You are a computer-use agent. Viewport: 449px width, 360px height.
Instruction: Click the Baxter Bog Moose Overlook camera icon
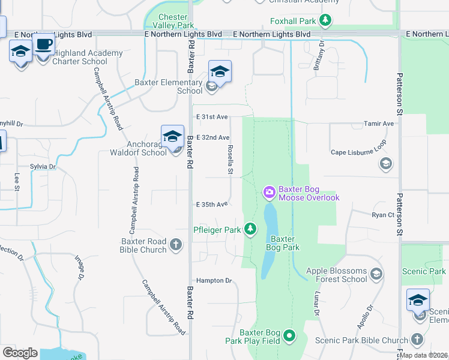270,193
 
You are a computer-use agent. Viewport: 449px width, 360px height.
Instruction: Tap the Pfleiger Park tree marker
250,229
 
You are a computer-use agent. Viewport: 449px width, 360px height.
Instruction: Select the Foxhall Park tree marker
325,22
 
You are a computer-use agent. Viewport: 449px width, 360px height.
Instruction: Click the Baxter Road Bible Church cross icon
176,245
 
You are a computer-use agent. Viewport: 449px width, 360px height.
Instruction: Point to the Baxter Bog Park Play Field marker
290,336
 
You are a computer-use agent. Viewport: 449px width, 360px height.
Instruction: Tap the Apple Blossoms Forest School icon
376,275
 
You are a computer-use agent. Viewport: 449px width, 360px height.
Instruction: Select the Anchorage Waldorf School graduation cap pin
172,137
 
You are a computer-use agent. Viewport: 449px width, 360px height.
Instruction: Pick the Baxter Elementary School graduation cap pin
220,73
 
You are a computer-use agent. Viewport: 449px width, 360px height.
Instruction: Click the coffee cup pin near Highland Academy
43,45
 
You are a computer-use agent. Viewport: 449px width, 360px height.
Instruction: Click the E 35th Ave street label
212,205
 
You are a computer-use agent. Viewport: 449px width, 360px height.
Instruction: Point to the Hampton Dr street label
214,280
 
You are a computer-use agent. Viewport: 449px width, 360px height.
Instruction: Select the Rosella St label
230,159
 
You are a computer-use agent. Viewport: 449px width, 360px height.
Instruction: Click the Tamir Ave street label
379,124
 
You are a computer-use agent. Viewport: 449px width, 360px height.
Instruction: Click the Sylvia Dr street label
43,167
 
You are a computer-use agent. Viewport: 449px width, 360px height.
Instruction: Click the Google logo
20,353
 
